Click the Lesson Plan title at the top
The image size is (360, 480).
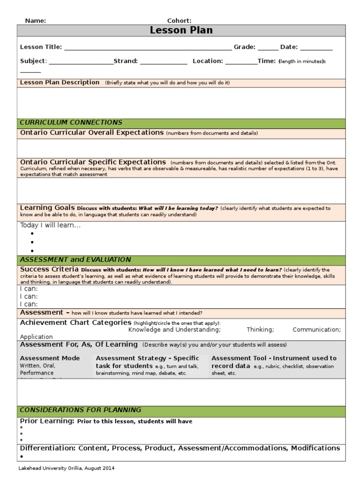click(x=181, y=30)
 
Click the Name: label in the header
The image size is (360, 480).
click(x=35, y=21)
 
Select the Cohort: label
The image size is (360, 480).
click(x=179, y=21)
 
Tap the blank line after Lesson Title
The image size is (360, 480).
click(x=148, y=47)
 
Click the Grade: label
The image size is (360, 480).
click(x=244, y=47)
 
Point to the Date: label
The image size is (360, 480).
click(x=289, y=47)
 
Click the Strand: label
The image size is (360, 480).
click(x=126, y=61)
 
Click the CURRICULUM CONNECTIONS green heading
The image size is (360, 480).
click(x=71, y=122)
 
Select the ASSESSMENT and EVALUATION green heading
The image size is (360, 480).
click(x=75, y=260)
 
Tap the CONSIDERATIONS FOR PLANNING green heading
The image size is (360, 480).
click(x=80, y=410)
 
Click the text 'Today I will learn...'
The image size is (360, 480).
click(x=50, y=225)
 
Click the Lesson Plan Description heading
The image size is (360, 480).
click(x=60, y=82)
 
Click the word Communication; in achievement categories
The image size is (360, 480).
click(x=316, y=330)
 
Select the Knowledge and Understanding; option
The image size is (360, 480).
click(x=174, y=330)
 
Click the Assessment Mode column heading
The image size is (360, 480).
click(x=50, y=358)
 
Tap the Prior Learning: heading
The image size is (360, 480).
click(x=47, y=421)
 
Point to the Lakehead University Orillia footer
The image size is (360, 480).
click(x=66, y=468)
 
